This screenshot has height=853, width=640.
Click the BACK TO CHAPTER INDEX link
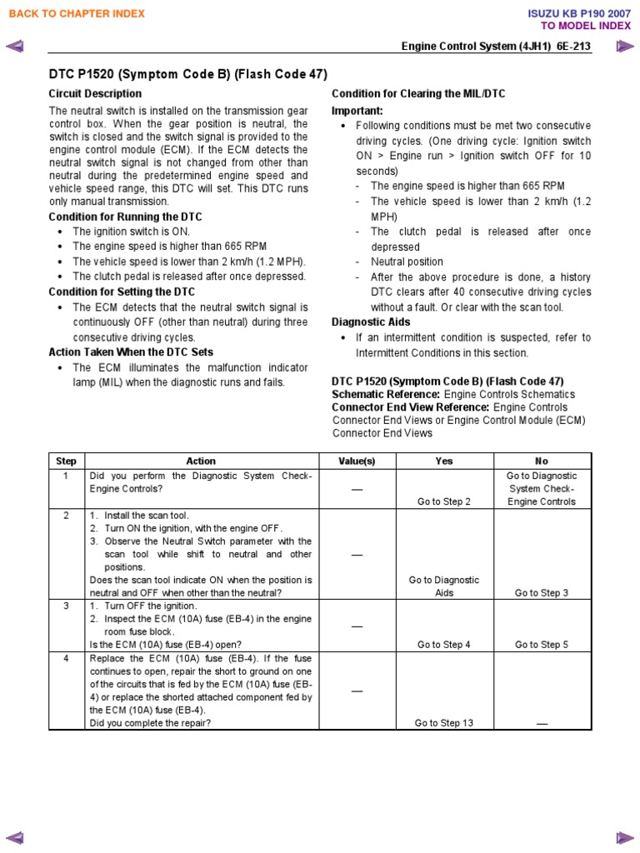(x=76, y=13)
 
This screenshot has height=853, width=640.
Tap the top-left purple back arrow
(x=14, y=47)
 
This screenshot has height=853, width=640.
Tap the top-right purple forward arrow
(x=625, y=47)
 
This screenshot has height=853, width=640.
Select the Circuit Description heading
(x=95, y=93)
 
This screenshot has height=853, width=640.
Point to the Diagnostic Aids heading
(x=371, y=322)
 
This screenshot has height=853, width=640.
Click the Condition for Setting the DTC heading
(x=122, y=292)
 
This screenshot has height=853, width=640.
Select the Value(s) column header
(x=357, y=461)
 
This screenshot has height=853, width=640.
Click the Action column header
(x=201, y=461)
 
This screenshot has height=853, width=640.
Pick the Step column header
(x=66, y=461)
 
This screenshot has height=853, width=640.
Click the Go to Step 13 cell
(x=444, y=723)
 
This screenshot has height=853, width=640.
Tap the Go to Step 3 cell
(x=542, y=593)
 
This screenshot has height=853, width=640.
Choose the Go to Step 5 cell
(x=542, y=645)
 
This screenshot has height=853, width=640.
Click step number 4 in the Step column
(x=66, y=658)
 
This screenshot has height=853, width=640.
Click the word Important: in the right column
(x=357, y=110)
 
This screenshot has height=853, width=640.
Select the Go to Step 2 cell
(x=444, y=501)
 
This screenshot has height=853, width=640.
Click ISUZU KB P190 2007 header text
(x=580, y=13)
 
